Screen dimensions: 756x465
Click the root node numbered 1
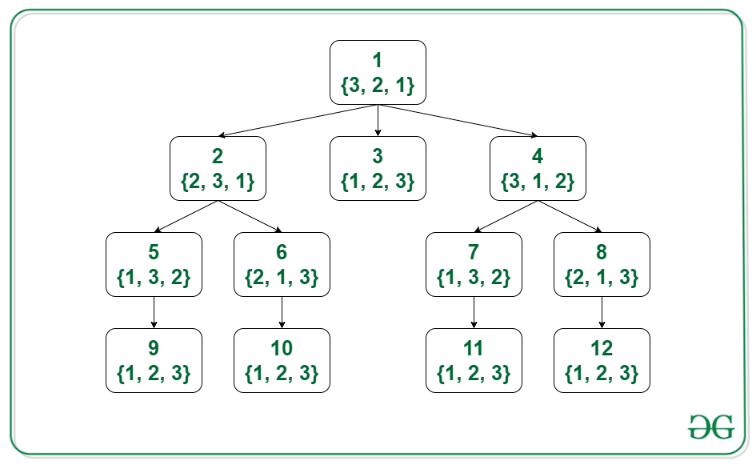pyautogui.click(x=378, y=72)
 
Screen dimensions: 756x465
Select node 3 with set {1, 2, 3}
pyautogui.click(x=378, y=168)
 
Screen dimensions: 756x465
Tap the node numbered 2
pyautogui.click(x=218, y=168)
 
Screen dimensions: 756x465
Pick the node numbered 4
pyautogui.click(x=538, y=168)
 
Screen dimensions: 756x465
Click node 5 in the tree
pyautogui.click(x=154, y=264)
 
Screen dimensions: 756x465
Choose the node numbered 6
pyautogui.click(x=282, y=264)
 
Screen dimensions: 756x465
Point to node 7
pyautogui.click(x=474, y=264)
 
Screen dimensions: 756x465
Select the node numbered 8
pyautogui.click(x=602, y=264)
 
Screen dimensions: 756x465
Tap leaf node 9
pyautogui.click(x=154, y=360)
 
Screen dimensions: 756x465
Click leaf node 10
pyautogui.click(x=282, y=360)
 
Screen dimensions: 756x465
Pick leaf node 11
pyautogui.click(x=474, y=360)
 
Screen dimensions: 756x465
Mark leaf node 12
pyautogui.click(x=602, y=360)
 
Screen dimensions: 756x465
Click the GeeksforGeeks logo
pyautogui.click(x=711, y=427)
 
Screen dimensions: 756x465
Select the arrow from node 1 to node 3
pyautogui.click(x=378, y=121)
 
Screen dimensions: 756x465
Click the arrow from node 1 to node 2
pyautogui.click(x=298, y=121)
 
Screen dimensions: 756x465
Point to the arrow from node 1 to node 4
pyautogui.click(x=458, y=121)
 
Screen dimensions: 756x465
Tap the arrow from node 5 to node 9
pyautogui.click(x=154, y=313)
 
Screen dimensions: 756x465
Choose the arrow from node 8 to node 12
pyautogui.click(x=602, y=313)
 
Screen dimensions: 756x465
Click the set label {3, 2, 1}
pyautogui.click(x=378, y=86)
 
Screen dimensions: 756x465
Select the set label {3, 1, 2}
pyautogui.click(x=538, y=182)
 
